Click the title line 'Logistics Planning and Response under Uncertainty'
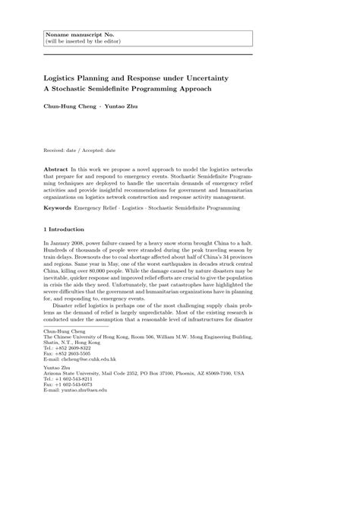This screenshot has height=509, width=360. click(135, 78)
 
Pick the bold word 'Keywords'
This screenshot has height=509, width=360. click(58, 207)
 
